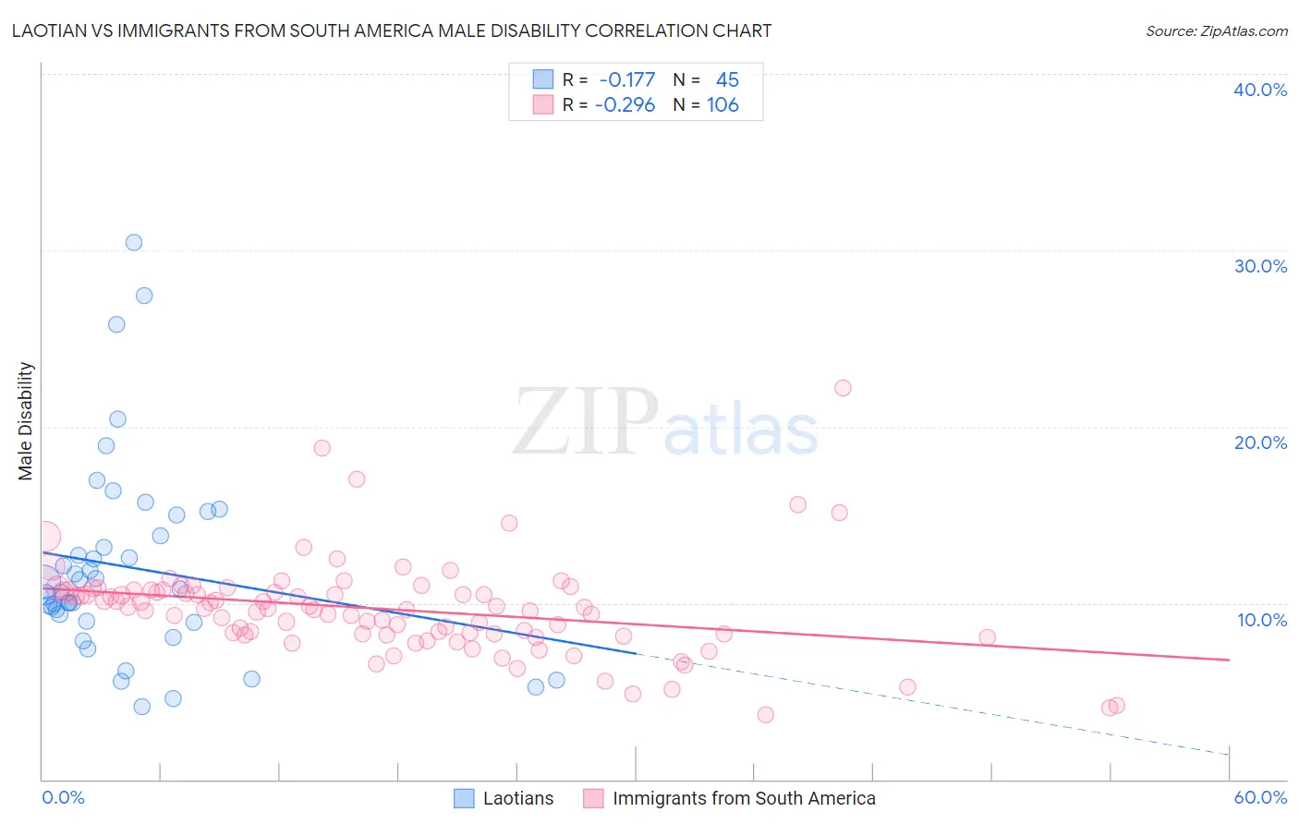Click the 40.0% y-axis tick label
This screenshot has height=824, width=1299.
(1260, 90)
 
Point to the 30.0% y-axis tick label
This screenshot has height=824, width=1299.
(1260, 266)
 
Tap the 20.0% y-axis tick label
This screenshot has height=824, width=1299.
(1260, 442)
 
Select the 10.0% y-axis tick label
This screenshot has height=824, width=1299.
(1260, 620)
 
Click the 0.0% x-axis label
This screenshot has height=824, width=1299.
(63, 797)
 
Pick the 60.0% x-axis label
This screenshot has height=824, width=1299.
(1260, 797)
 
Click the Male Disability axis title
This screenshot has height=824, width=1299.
(26, 420)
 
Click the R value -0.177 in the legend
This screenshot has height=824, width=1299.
(626, 80)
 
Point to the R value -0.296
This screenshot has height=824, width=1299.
(625, 105)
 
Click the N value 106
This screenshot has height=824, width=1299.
(722, 105)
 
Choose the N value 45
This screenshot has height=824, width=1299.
(727, 80)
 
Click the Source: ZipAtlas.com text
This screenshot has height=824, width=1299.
(1216, 31)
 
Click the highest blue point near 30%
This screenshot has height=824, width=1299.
(134, 242)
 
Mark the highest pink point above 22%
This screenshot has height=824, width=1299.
(843, 388)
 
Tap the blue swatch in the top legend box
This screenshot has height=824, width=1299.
(542, 79)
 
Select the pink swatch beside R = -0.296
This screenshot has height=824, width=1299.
(542, 104)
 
